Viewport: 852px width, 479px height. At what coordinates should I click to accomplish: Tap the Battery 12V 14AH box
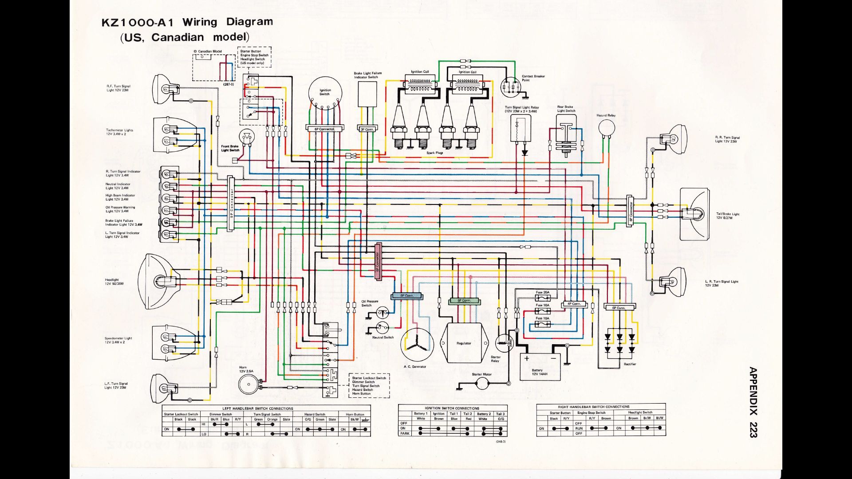point(540,366)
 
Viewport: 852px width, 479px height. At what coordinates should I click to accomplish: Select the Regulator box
point(464,343)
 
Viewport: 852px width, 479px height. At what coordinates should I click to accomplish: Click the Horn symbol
point(248,384)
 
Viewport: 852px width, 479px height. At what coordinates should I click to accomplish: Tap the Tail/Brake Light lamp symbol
point(694,214)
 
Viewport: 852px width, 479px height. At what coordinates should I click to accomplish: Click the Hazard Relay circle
point(606,128)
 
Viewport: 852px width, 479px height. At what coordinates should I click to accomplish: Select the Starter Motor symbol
point(481,383)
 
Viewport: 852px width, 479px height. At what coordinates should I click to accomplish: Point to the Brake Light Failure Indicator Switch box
point(367,94)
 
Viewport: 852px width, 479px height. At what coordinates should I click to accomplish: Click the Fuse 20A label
point(542,292)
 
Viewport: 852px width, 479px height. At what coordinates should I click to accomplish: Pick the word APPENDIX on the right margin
point(753,390)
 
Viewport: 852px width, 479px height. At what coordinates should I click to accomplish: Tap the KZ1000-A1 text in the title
point(138,23)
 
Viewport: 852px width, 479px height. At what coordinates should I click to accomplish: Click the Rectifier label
point(630,364)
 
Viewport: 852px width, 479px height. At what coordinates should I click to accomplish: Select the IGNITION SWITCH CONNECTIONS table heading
point(452,408)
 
